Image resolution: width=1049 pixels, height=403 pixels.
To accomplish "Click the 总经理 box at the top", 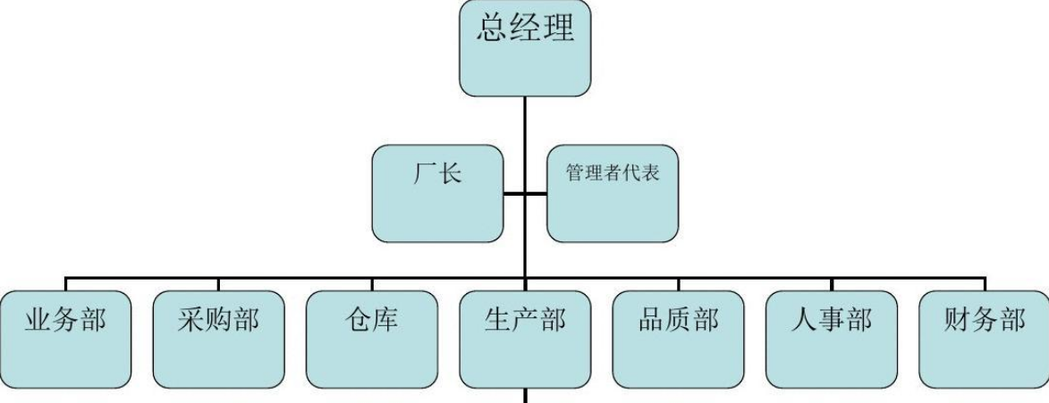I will (525, 49).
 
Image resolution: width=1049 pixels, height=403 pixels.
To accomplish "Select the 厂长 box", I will (437, 193).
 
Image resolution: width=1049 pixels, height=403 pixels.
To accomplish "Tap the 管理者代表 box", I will (613, 193).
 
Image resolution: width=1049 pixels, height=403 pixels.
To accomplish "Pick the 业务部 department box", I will (65, 339).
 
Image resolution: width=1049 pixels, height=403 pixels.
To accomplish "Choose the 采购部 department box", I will (218, 339).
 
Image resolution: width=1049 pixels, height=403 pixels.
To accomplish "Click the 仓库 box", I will (372, 339).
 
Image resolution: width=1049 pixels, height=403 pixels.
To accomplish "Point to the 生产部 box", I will (525, 339).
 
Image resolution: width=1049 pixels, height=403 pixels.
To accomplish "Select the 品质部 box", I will (678, 339).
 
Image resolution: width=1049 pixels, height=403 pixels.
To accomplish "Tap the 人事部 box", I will (832, 339).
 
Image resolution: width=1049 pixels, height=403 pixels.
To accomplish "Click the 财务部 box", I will (985, 339).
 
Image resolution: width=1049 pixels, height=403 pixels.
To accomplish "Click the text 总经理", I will (525, 29).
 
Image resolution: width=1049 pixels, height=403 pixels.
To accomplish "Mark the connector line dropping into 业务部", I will (65, 284).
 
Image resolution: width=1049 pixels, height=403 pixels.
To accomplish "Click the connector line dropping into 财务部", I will (985, 284).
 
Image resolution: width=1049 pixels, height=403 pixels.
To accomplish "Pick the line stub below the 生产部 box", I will (525, 396).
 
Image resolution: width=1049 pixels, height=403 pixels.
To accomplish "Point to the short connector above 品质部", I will (678, 284).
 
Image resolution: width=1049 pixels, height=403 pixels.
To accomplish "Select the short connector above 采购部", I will (218, 284).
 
